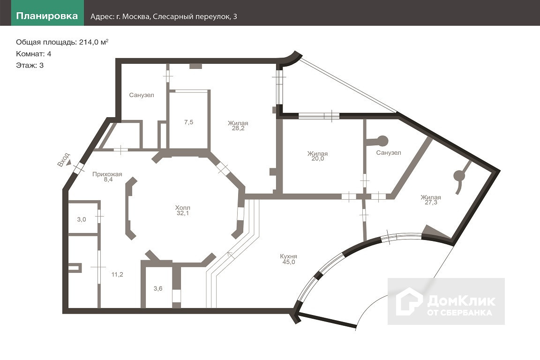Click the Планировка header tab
point(47,16)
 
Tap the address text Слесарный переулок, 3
point(195,16)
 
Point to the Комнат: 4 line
point(34,53)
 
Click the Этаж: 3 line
point(30,65)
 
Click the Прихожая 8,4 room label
point(107,177)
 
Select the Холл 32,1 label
point(183,210)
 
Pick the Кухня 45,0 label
point(288,259)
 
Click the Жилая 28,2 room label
point(238,126)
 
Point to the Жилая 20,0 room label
point(317,156)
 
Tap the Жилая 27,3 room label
point(430,200)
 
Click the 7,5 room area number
point(188,122)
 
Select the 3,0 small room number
point(82,219)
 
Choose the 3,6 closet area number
point(158,288)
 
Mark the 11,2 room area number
point(118,275)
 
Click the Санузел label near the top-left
point(142,95)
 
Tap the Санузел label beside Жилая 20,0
point(389,153)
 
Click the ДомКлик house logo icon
point(409,301)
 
